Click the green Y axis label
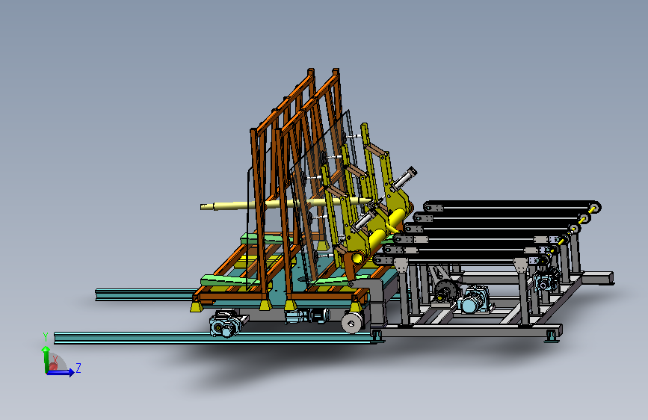tap(46, 337)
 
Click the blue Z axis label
tap(78, 368)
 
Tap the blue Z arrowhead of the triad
tap(72, 373)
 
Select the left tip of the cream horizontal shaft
tap(201, 207)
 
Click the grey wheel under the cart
tap(352, 322)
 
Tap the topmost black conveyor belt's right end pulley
tap(594, 207)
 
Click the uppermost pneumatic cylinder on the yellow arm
tap(404, 179)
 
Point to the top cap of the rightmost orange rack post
tap(336, 71)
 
